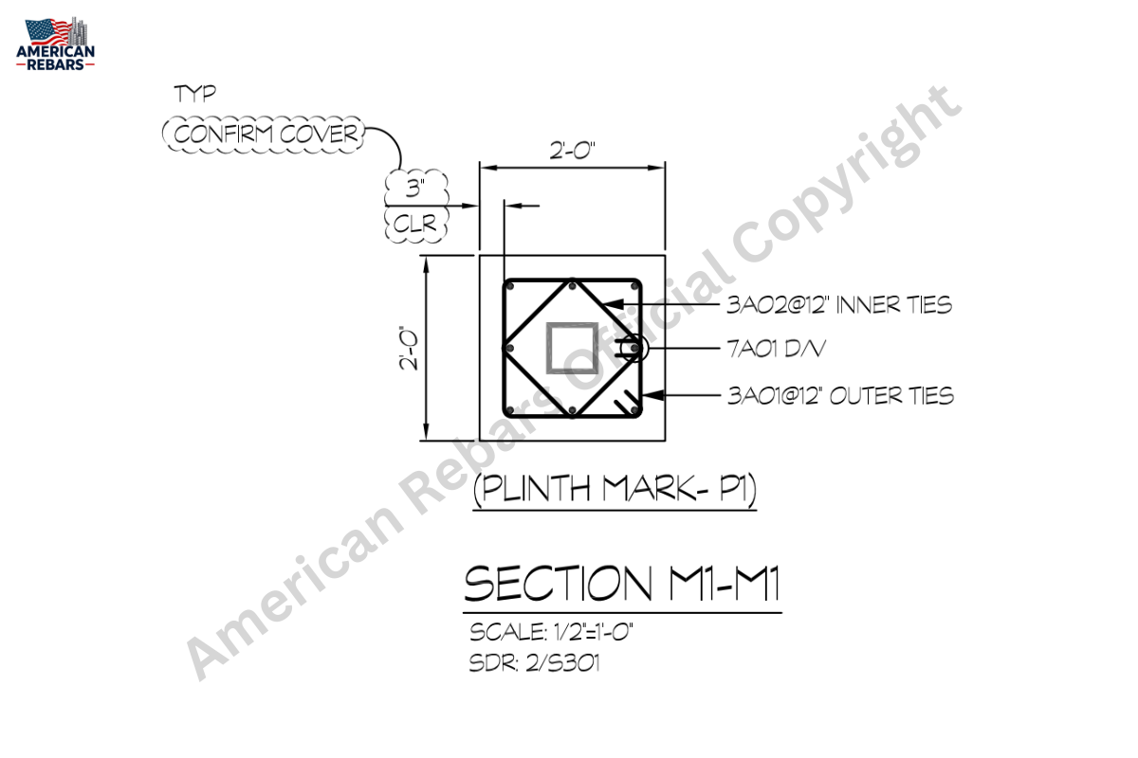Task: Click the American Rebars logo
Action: tap(55, 44)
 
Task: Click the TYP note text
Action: tap(195, 94)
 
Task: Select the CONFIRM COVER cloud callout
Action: tap(264, 135)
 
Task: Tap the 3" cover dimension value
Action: tap(415, 188)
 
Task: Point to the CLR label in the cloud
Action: tap(415, 224)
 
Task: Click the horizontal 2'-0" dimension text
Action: tap(572, 151)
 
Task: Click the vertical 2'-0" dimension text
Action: tap(410, 348)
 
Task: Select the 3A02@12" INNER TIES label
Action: tap(839, 305)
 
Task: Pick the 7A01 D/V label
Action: tap(777, 349)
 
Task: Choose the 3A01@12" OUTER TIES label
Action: tap(841, 396)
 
